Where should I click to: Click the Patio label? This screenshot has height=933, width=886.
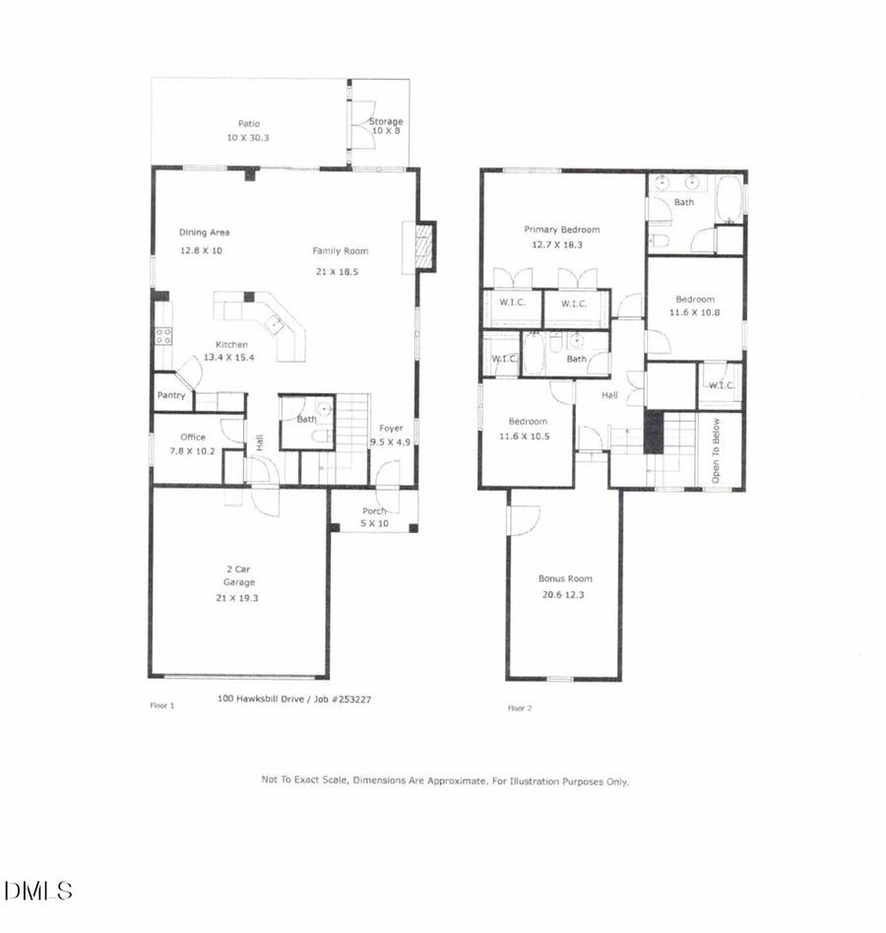pyautogui.click(x=248, y=124)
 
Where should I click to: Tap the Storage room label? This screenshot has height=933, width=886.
pyautogui.click(x=386, y=121)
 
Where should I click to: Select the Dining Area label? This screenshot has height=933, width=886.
pyautogui.click(x=204, y=233)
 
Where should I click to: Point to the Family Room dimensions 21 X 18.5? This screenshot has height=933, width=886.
pyautogui.click(x=335, y=271)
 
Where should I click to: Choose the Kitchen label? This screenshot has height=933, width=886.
pyautogui.click(x=232, y=345)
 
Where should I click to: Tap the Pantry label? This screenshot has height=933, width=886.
pyautogui.click(x=170, y=396)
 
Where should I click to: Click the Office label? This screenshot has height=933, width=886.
pyautogui.click(x=192, y=437)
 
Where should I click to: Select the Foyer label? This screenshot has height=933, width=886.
pyautogui.click(x=392, y=430)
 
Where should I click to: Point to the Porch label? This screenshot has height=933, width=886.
pyautogui.click(x=374, y=511)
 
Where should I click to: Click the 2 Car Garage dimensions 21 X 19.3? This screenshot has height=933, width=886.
pyautogui.click(x=237, y=597)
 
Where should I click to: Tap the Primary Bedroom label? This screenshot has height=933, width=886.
pyautogui.click(x=561, y=230)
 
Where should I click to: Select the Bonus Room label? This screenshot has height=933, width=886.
pyautogui.click(x=565, y=578)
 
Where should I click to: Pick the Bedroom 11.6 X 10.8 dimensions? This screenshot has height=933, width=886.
pyautogui.click(x=694, y=312)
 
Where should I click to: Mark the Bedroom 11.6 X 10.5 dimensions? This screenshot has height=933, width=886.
pyautogui.click(x=523, y=435)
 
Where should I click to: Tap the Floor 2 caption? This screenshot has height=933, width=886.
pyautogui.click(x=520, y=707)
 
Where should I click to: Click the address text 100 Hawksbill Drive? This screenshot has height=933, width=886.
pyautogui.click(x=261, y=700)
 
